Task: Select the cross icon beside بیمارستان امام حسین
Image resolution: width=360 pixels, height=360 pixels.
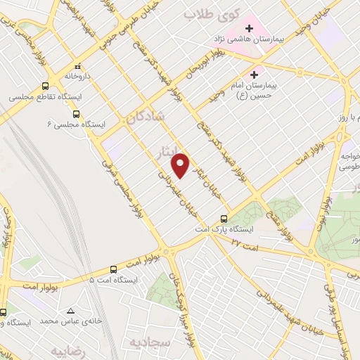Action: pyautogui.click(x=254, y=74)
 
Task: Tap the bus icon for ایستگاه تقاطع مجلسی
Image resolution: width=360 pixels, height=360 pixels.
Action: pyautogui.click(x=45, y=87)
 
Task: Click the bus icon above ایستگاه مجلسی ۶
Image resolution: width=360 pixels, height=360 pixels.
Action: pyautogui.click(x=75, y=113)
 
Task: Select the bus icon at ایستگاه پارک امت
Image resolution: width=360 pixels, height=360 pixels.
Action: pyautogui.click(x=224, y=218)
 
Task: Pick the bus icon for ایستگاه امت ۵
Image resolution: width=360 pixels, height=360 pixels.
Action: pyautogui.click(x=113, y=268)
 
